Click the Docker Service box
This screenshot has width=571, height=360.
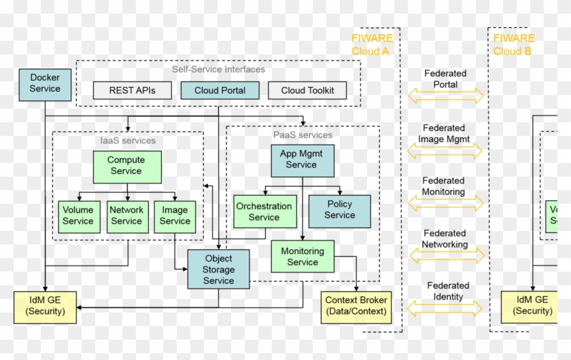click(x=45, y=84)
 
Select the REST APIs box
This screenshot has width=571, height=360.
click(x=132, y=90)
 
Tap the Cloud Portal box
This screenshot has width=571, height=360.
click(x=220, y=90)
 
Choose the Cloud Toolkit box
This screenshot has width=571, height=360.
click(x=307, y=90)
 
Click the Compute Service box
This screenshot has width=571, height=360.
click(x=127, y=166)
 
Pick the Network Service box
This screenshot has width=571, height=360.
click(x=127, y=217)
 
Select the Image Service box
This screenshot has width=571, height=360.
click(x=175, y=217)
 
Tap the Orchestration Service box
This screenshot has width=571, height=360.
click(x=264, y=211)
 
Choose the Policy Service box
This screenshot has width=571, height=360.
click(x=339, y=211)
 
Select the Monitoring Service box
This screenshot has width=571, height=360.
click(x=302, y=257)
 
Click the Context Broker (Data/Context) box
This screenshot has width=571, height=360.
click(x=356, y=306)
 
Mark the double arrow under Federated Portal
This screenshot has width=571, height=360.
click(x=445, y=96)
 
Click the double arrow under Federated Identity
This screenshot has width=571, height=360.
click(x=445, y=308)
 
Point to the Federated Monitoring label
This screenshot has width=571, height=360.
click(x=443, y=186)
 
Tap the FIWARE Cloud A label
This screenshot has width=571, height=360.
click(x=370, y=45)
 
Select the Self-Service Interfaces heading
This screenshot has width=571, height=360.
click(x=218, y=69)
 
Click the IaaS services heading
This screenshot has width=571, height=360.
click(x=127, y=141)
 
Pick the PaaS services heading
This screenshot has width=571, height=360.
click(x=302, y=134)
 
